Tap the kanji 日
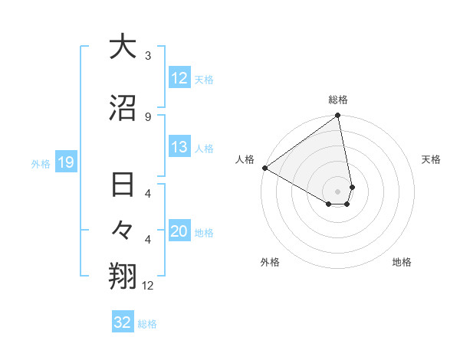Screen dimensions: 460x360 [x=123, y=186]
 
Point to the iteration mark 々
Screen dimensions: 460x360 [x=123, y=231]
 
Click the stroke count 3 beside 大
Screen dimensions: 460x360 [x=148, y=56]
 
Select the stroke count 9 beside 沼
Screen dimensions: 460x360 [x=148, y=116]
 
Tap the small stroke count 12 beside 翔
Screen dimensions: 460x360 [x=149, y=285]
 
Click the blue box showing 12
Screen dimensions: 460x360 [x=179, y=78]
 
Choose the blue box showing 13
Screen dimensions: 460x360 [x=179, y=147]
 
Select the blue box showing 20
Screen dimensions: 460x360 [x=179, y=231]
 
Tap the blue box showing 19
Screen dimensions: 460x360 [x=65, y=162]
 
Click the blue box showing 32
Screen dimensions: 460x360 [x=122, y=322]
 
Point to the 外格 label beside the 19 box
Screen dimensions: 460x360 [x=41, y=163]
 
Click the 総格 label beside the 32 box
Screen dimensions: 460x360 [x=147, y=324]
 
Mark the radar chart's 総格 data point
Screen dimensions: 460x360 [x=338, y=116]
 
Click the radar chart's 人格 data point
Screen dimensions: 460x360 [x=264, y=168]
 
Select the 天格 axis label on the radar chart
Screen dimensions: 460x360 [x=432, y=159]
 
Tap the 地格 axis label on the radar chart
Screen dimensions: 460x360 [x=402, y=262]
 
